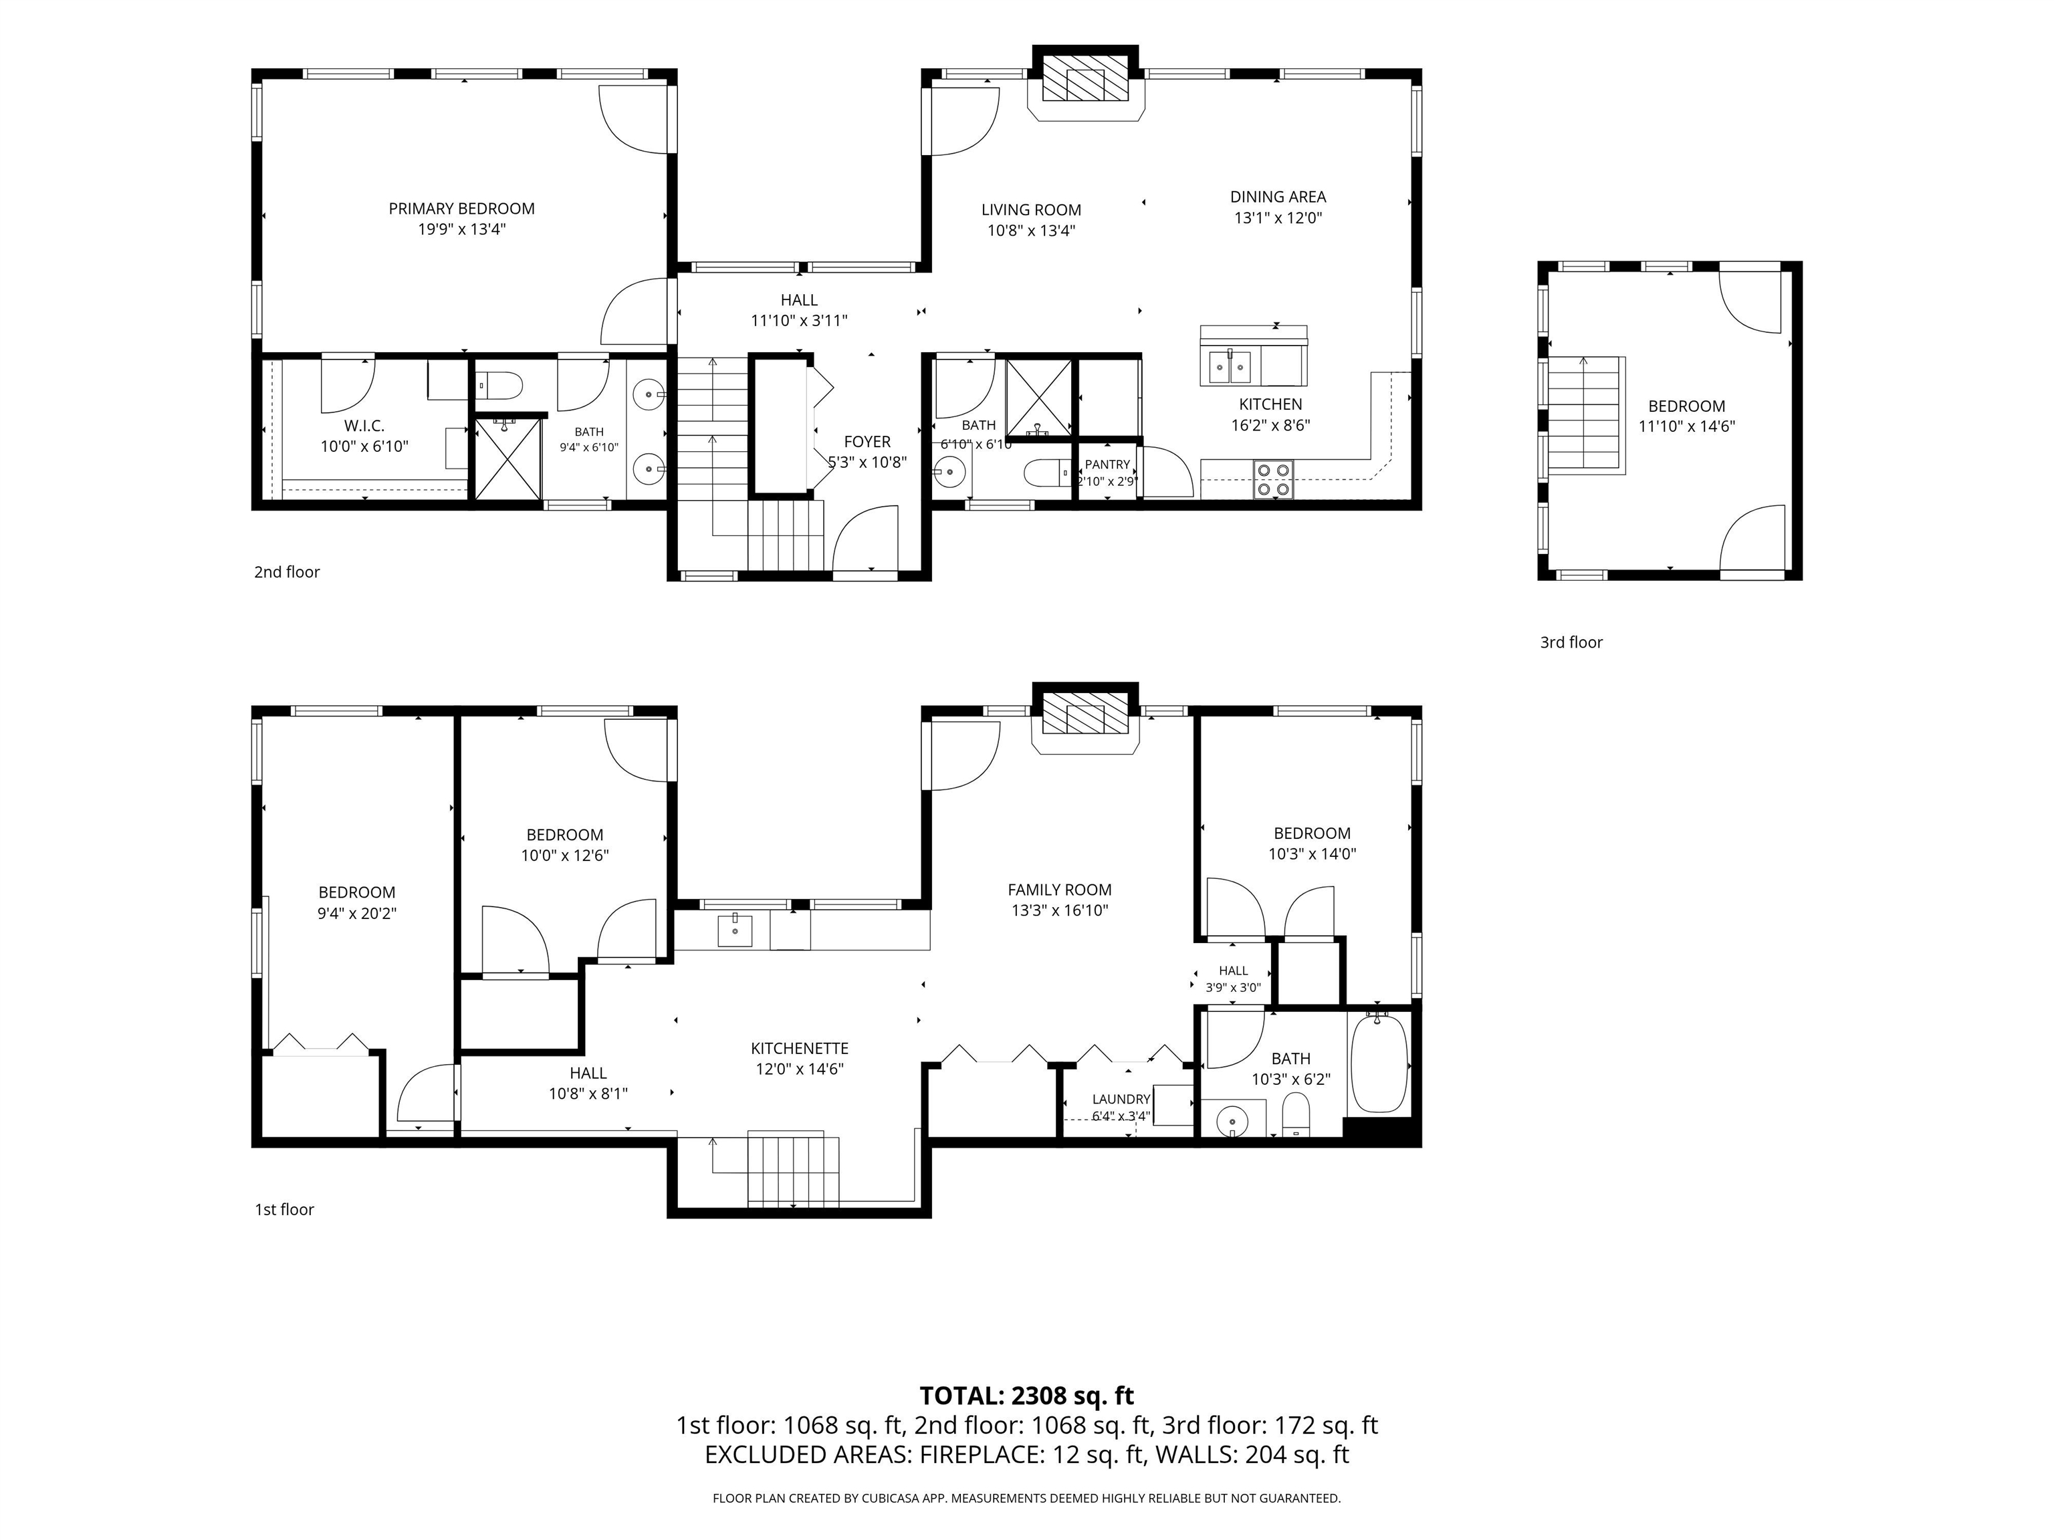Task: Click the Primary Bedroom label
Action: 461,209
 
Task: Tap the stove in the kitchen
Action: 1273,479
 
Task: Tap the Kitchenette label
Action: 800,1048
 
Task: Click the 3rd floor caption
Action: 1571,642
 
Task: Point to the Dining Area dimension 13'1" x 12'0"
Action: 1278,218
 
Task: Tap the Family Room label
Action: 1060,889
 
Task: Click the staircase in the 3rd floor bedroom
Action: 1586,415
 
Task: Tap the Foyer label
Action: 867,442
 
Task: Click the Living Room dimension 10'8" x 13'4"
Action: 1031,231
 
